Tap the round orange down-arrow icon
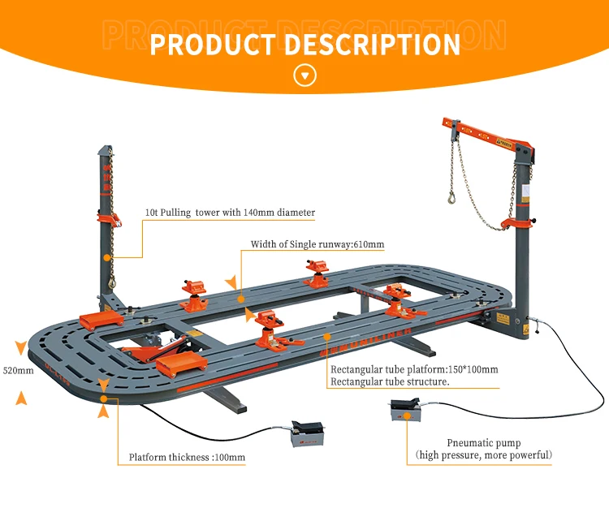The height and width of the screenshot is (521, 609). tap(304, 76)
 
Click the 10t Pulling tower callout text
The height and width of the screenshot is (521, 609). tap(230, 213)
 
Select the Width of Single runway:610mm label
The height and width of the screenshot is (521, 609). tap(317, 243)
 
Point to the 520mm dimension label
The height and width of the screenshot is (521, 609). tap(17, 371)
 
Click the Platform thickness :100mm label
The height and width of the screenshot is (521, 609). tap(187, 458)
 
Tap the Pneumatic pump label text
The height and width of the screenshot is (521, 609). tap(484, 443)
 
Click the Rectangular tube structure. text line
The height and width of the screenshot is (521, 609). tap(390, 382)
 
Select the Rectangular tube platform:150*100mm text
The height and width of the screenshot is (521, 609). tap(414, 369)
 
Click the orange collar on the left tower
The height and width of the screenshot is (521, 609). tap(109, 217)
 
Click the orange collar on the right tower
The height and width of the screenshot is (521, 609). tap(517, 219)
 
